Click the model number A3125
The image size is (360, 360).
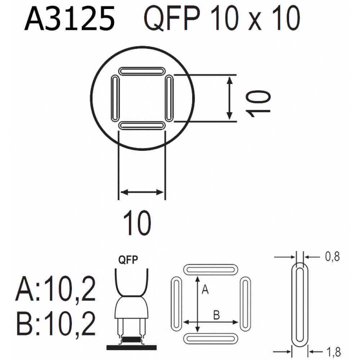(69, 19)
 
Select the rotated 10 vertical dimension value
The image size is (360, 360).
(258, 104)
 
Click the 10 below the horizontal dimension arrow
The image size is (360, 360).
(137, 223)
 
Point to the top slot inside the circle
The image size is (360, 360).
(142, 71)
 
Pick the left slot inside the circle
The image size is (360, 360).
(115, 98)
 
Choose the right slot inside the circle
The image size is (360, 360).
(169, 98)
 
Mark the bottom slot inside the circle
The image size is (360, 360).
(142, 126)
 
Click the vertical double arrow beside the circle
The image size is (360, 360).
(229, 98)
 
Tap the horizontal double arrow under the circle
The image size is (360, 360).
(142, 192)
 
